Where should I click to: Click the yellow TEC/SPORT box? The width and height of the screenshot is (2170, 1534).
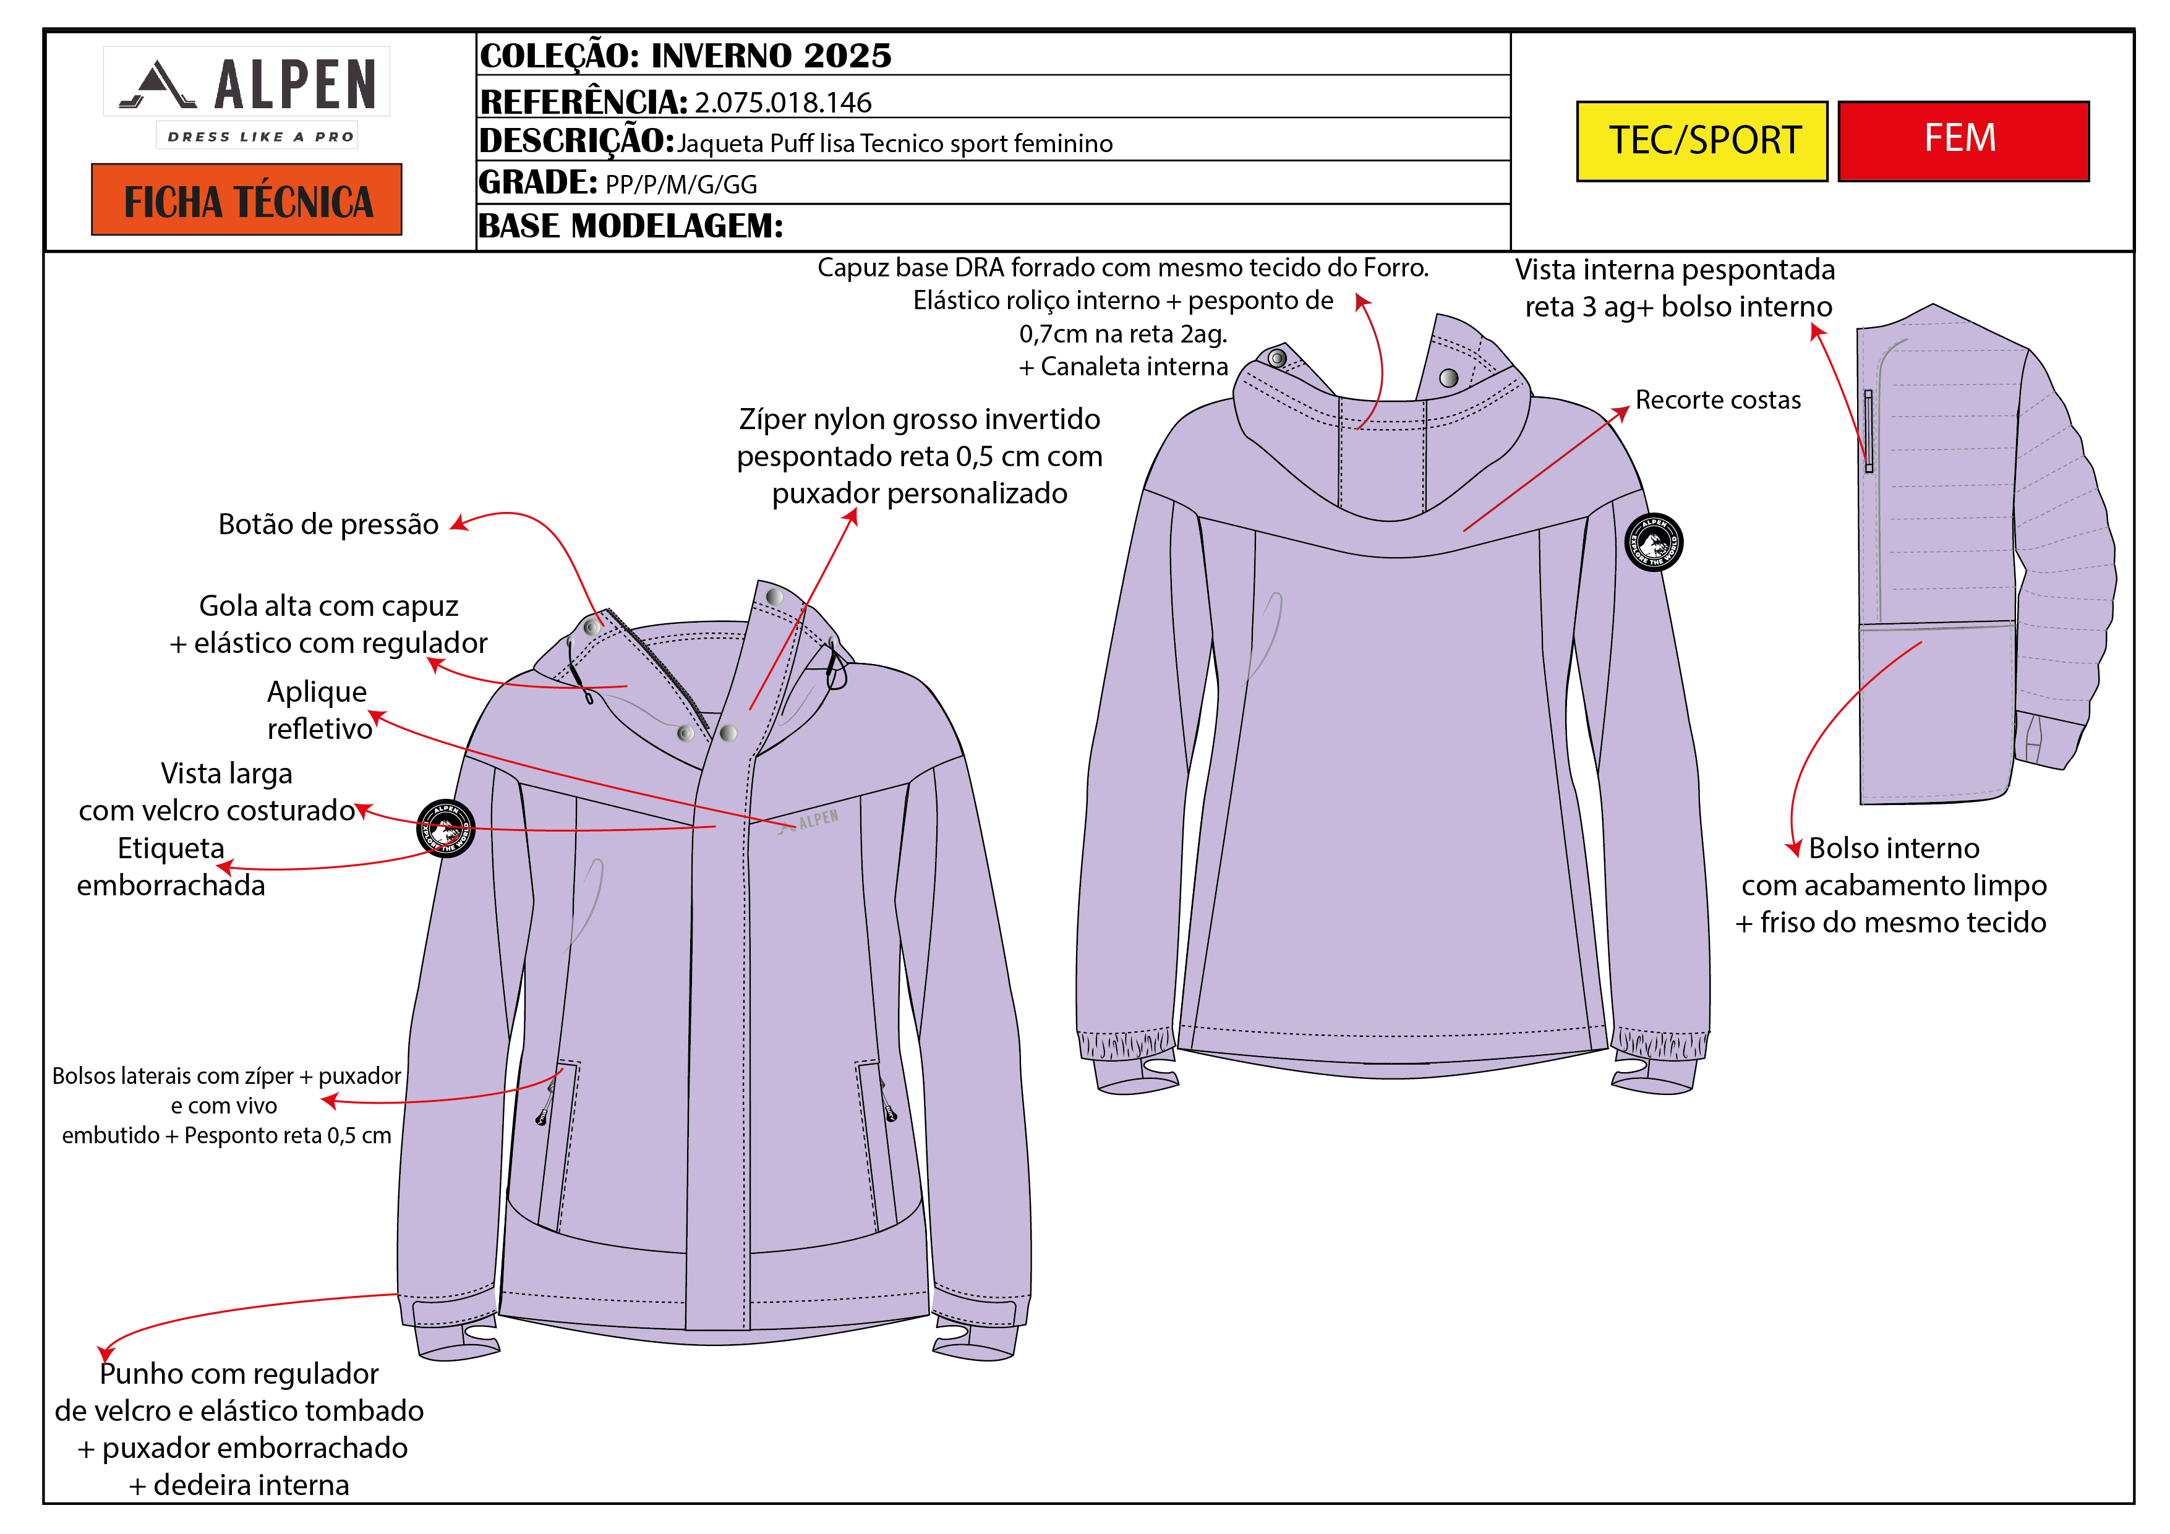[x=1701, y=141]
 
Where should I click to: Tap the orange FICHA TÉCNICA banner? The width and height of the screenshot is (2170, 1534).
[x=247, y=200]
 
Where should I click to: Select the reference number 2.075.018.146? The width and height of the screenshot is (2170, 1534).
[x=782, y=102]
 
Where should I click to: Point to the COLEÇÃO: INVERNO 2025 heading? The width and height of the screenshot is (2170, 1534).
[x=685, y=55]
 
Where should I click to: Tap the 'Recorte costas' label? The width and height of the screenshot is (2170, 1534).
[x=1717, y=400]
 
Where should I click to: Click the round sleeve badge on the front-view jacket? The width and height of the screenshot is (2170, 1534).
[x=445, y=828]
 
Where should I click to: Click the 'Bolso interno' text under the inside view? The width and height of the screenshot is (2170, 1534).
[x=1893, y=848]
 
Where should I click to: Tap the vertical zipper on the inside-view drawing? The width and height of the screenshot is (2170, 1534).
[x=1868, y=431]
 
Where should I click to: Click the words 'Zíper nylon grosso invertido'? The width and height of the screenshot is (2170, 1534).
[x=919, y=419]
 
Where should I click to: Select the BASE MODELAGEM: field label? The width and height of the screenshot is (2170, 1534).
[x=630, y=226]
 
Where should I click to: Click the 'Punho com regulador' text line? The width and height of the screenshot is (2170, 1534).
[x=239, y=1373]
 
